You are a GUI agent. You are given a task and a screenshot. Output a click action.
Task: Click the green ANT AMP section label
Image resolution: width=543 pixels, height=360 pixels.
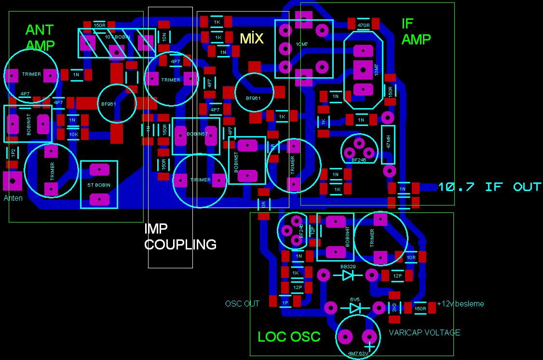(x=40, y=38)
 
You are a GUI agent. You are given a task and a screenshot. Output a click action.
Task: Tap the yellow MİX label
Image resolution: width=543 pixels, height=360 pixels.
(x=252, y=38)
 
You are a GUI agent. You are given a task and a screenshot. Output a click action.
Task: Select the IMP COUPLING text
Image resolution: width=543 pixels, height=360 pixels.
(x=180, y=236)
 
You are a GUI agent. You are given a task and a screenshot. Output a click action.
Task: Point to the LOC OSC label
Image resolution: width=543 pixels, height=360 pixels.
(x=289, y=336)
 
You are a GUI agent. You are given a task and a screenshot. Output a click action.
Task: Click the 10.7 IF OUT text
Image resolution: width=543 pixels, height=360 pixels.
(x=489, y=187)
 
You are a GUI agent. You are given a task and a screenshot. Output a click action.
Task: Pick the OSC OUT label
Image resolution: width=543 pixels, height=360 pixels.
(x=242, y=304)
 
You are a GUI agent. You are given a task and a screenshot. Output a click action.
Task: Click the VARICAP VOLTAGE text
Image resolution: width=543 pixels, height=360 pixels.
(x=424, y=332)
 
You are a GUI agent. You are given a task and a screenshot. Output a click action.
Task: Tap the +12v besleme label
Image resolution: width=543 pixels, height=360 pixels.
(x=460, y=304)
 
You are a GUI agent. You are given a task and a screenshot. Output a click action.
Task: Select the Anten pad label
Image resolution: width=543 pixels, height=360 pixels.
(x=13, y=198)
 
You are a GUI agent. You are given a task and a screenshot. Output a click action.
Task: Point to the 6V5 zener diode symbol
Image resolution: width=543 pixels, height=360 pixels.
(x=355, y=307)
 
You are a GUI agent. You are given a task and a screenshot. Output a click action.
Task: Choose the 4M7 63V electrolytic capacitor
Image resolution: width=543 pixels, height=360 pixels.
(x=357, y=336)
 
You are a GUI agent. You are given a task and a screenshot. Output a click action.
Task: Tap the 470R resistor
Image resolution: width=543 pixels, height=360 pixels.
(x=364, y=25)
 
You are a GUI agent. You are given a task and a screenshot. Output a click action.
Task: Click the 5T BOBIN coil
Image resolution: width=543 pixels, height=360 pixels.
(x=99, y=184)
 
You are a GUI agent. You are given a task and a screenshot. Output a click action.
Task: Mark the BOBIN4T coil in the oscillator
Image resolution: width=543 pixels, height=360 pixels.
(x=335, y=237)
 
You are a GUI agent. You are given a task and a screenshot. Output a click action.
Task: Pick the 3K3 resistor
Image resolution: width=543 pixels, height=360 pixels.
(x=394, y=307)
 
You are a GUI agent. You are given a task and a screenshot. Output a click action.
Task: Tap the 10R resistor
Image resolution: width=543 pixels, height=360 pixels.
(x=410, y=257)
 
